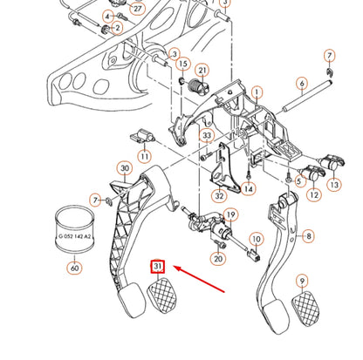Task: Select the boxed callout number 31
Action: (158, 266)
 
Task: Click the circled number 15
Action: (183, 64)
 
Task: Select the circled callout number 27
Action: (135, 8)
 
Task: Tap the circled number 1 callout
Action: (257, 92)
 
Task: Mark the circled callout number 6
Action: (301, 84)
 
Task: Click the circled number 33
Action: (207, 136)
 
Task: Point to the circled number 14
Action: (250, 187)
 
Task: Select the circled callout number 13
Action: (335, 185)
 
